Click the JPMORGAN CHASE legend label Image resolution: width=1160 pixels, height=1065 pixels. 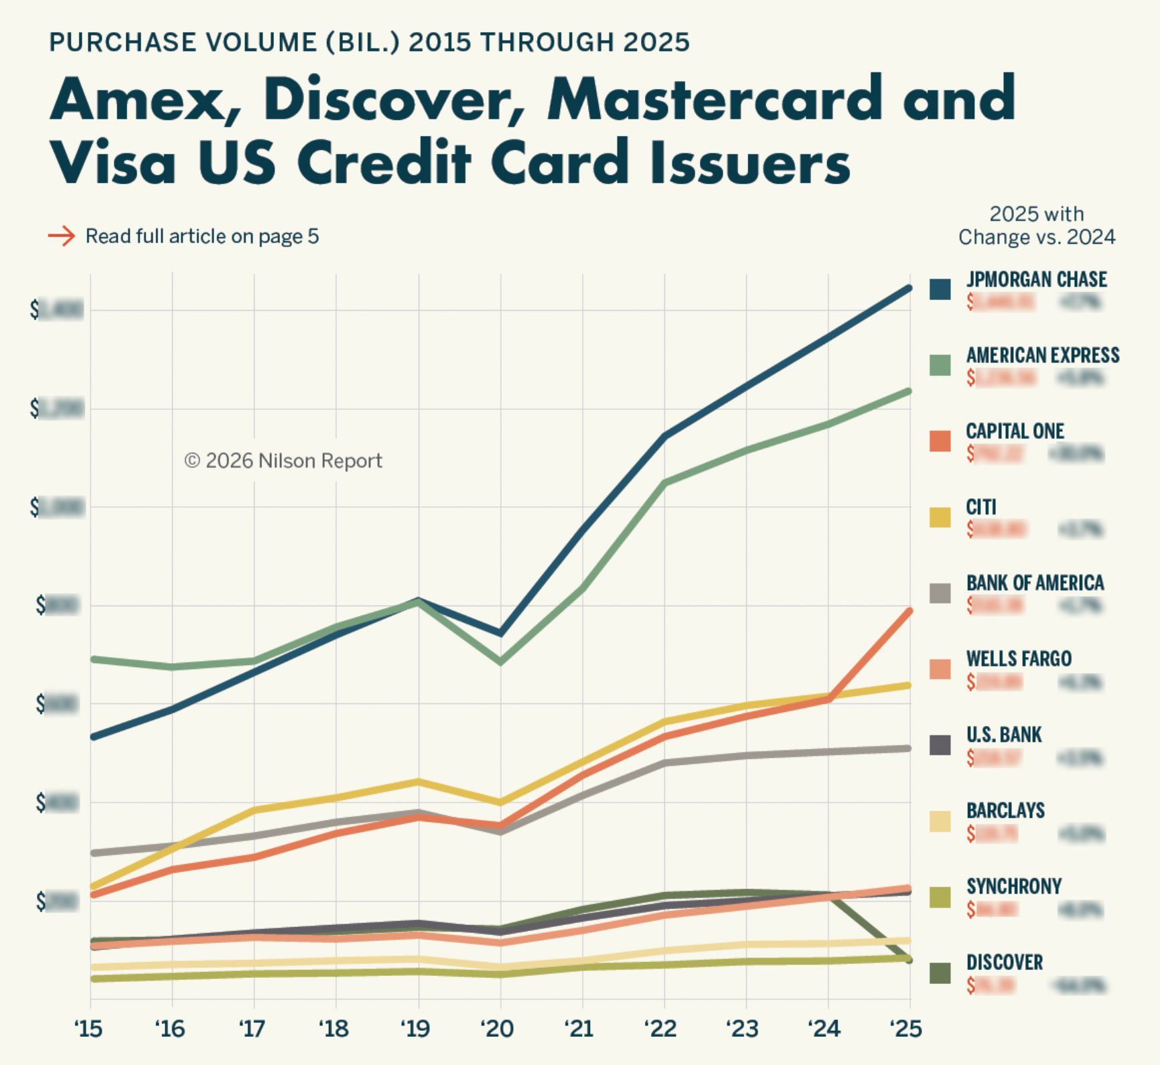click(1036, 279)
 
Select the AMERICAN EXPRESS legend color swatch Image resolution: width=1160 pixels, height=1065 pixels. click(940, 365)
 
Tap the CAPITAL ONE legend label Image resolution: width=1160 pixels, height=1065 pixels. click(1015, 431)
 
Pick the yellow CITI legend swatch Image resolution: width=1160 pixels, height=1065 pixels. click(940, 517)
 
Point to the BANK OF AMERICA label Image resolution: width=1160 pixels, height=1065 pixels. click(1035, 583)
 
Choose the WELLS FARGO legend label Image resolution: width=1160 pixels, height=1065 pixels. click(1019, 658)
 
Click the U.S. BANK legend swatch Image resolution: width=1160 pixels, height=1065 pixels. click(940, 745)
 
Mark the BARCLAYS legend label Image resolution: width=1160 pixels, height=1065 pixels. click(1005, 810)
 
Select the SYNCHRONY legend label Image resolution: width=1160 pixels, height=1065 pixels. click(1014, 886)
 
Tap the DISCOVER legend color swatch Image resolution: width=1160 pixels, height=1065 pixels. click(940, 973)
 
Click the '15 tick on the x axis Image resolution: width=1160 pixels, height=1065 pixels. click(89, 1027)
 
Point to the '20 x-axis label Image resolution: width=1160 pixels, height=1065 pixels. click(498, 1027)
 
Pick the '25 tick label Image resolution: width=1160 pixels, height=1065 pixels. click(906, 1027)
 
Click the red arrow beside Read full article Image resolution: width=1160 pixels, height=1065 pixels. click(62, 236)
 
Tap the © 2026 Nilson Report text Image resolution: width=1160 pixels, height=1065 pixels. click(283, 461)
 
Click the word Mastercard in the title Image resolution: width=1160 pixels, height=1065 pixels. click(715, 99)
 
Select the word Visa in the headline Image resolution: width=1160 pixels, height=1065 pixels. click(113, 163)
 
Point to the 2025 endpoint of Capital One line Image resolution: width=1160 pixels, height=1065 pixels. click(910, 611)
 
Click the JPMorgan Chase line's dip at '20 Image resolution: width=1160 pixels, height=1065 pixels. click(500, 633)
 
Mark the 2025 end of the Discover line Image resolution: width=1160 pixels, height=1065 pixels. click(910, 960)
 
